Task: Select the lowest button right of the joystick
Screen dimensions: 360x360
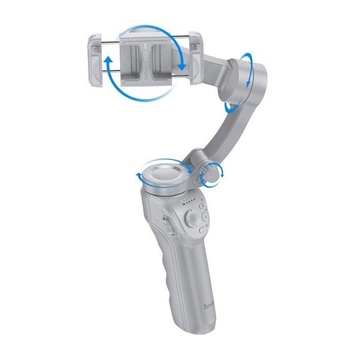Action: (x=202, y=229)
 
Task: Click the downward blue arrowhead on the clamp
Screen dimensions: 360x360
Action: (x=181, y=64)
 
